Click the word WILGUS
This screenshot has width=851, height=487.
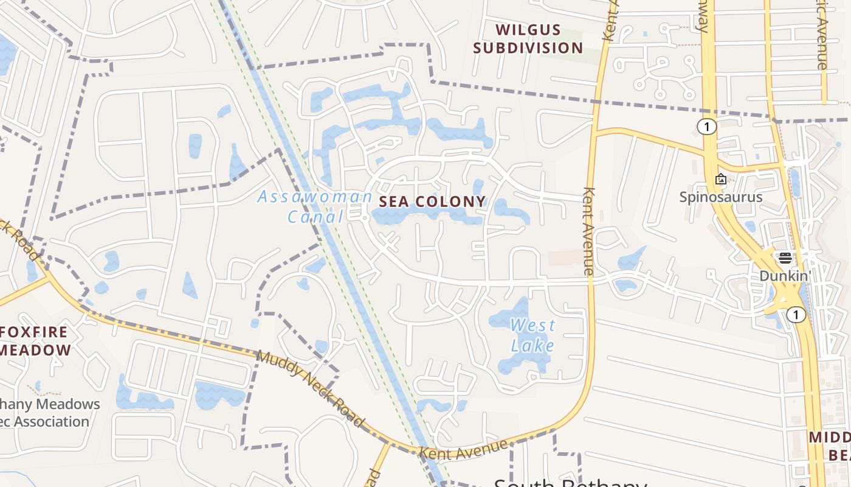[528, 29]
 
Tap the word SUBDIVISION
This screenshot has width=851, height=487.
[528, 47]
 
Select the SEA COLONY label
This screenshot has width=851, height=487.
[432, 201]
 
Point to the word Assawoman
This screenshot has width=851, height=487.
[315, 197]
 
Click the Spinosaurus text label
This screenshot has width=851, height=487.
[721, 197]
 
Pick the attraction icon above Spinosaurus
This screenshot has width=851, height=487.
[721, 179]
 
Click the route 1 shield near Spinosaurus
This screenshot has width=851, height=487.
[706, 127]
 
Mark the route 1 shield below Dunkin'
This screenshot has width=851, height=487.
[796, 315]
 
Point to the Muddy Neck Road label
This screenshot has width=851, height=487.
[310, 388]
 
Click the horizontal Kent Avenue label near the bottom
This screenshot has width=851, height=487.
[463, 449]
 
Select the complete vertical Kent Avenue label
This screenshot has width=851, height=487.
[588, 231]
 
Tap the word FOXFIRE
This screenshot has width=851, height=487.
[34, 332]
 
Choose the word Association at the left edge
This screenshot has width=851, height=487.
[46, 421]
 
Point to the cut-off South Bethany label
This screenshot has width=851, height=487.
[570, 483]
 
